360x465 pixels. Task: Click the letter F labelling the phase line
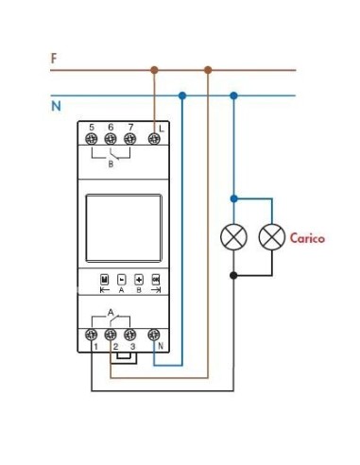pyautogui.click(x=54, y=59)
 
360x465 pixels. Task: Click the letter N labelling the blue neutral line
pyautogui.click(x=56, y=106)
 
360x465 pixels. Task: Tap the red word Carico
pyautogui.click(x=307, y=238)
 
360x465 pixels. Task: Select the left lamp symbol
pyautogui.click(x=233, y=237)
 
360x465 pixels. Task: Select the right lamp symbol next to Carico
pyautogui.click(x=272, y=237)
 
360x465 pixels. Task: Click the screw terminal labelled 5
pyautogui.click(x=92, y=139)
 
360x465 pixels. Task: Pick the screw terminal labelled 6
pyautogui.click(x=111, y=139)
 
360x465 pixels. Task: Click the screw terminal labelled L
pyautogui.click(x=153, y=139)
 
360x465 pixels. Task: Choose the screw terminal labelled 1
pyautogui.click(x=92, y=335)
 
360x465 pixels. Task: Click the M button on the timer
pyautogui.click(x=105, y=280)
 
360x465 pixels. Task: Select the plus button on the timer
pyautogui.click(x=139, y=280)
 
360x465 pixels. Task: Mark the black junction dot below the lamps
pyautogui.click(x=233, y=275)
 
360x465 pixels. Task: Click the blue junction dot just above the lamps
pyautogui.click(x=233, y=199)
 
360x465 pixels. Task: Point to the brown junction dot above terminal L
pyautogui.click(x=153, y=69)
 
